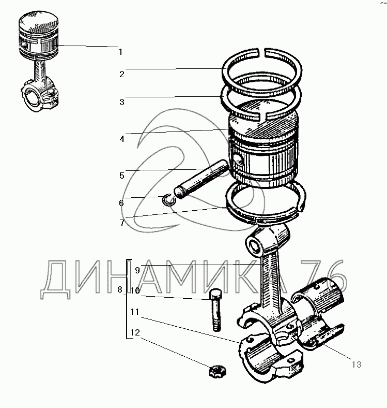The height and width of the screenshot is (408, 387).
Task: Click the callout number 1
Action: (120, 52)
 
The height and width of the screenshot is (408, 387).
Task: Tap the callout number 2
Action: (122, 75)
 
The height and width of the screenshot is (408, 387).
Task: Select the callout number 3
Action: (122, 102)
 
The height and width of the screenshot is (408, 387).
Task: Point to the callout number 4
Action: (122, 139)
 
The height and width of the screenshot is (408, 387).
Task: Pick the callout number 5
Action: (122, 176)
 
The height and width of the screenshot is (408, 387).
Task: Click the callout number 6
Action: (121, 203)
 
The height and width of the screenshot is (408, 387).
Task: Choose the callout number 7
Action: (122, 223)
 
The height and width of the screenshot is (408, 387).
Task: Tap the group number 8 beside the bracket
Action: (120, 289)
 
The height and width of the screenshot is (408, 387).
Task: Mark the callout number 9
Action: (137, 270)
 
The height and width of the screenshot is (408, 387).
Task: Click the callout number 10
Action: (135, 290)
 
